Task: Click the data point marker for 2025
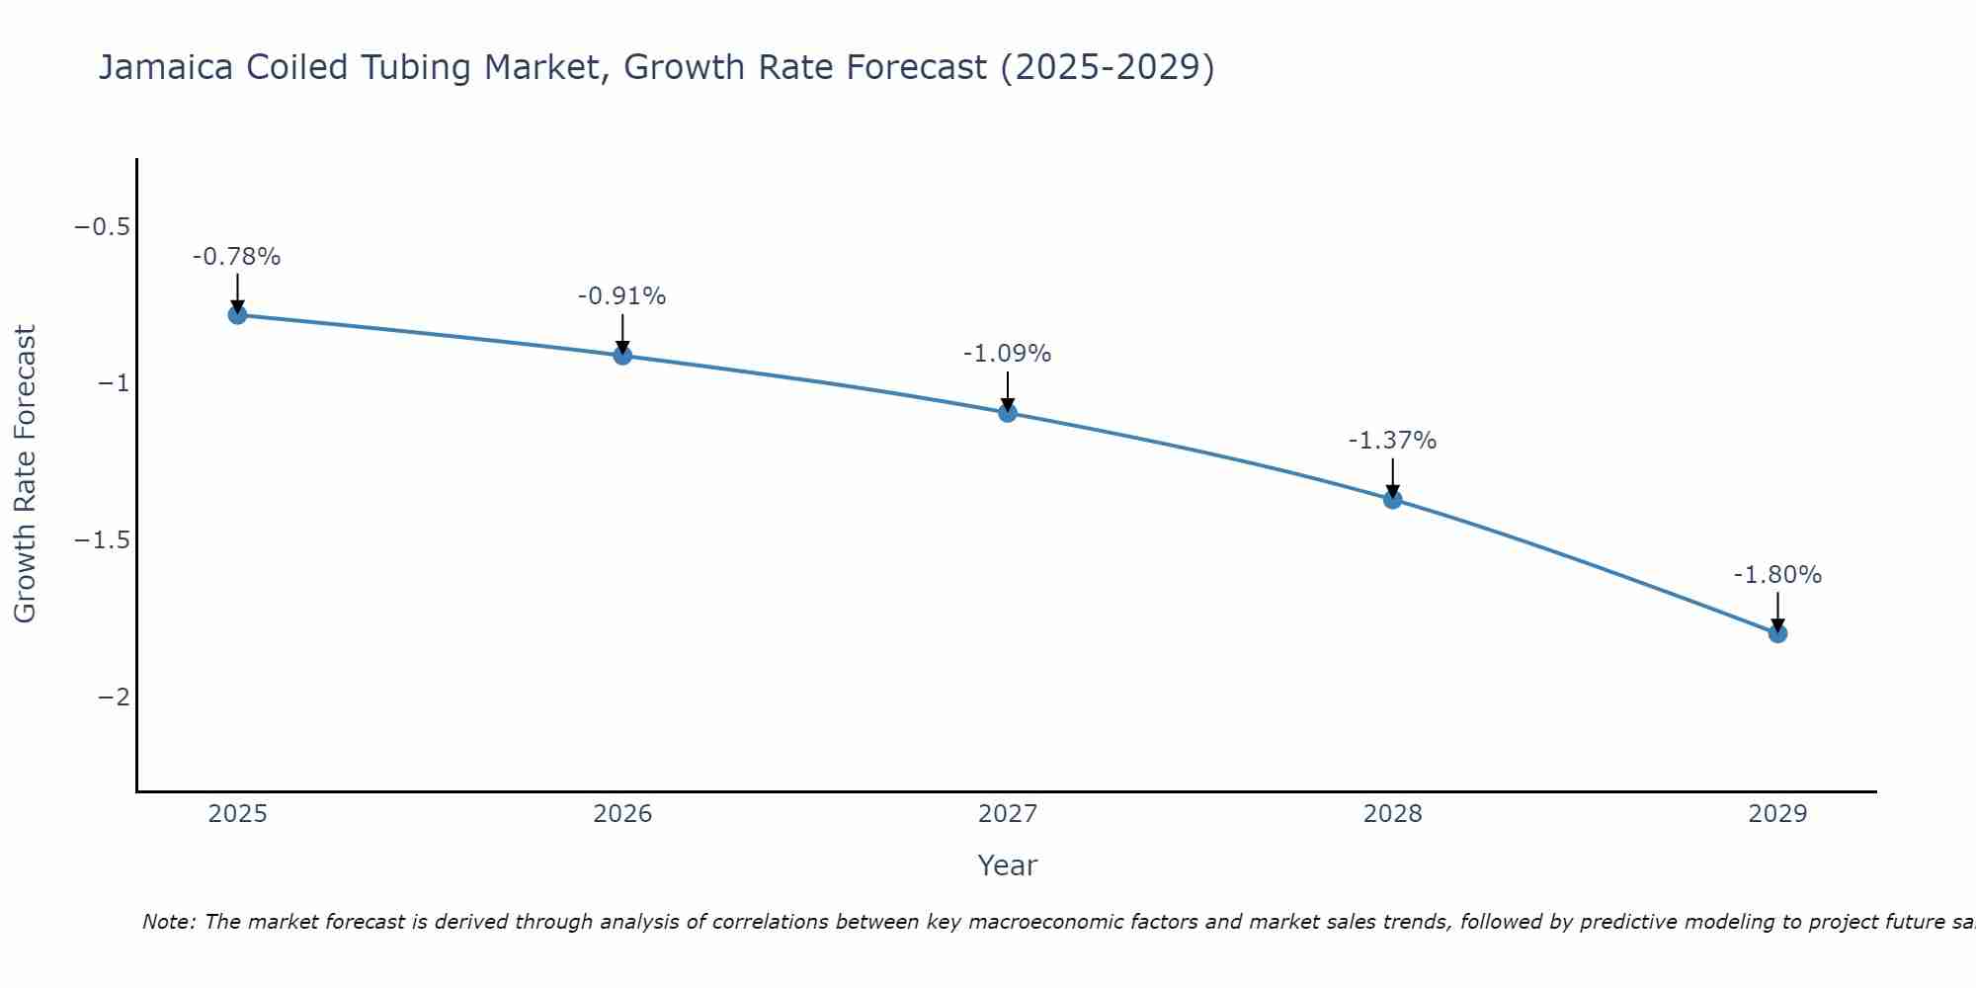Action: (x=237, y=315)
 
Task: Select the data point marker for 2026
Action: (x=622, y=356)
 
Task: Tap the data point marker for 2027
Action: (x=1008, y=413)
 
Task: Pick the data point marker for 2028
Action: (x=1392, y=500)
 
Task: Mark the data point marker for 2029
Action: (x=1777, y=633)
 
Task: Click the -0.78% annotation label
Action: (x=237, y=257)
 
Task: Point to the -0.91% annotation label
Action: (x=622, y=296)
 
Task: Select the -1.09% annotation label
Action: (x=1008, y=354)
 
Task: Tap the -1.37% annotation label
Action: (x=1392, y=441)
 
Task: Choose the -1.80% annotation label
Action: (x=1777, y=575)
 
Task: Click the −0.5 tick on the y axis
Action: (x=103, y=227)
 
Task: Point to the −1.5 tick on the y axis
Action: (x=103, y=540)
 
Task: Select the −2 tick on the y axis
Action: (x=114, y=698)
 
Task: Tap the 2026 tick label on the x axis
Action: (x=622, y=814)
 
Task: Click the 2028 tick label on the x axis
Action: (x=1392, y=814)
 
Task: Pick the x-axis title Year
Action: (x=1007, y=865)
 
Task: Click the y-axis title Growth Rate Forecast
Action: (x=26, y=474)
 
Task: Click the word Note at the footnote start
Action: (x=168, y=922)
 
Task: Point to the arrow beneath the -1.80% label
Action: (x=1777, y=611)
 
